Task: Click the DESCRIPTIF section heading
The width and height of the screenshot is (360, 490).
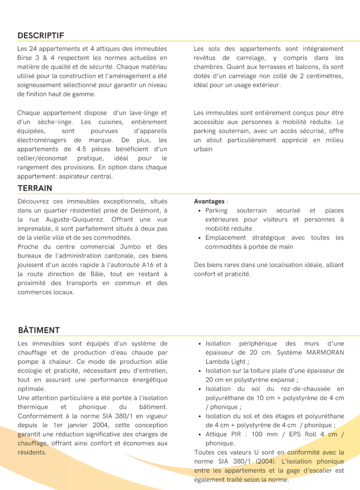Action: [x=41, y=35]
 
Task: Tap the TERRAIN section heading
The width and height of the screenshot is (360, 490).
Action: [x=35, y=188]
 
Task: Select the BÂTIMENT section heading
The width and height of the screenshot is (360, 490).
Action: [x=39, y=330]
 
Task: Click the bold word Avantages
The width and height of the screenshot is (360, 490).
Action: [x=209, y=201]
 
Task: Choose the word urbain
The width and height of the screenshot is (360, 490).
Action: [x=203, y=149]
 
